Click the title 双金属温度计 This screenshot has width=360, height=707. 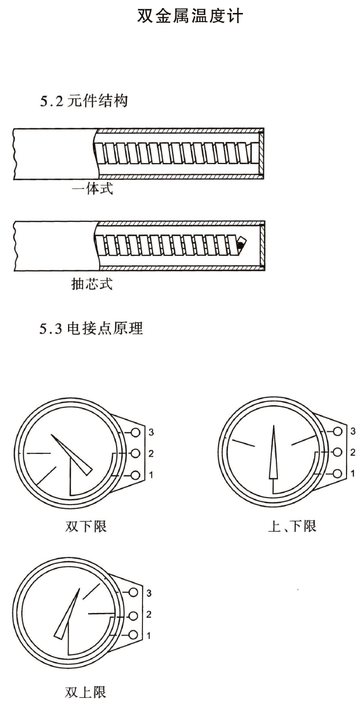(x=190, y=16)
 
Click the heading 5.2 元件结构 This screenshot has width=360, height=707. (x=84, y=101)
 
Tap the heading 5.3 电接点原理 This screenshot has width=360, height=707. (x=91, y=328)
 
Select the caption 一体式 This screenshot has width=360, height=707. (x=92, y=189)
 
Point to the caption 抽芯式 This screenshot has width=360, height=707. (x=92, y=283)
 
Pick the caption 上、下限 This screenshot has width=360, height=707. (x=292, y=526)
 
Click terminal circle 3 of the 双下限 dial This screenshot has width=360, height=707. (x=135, y=432)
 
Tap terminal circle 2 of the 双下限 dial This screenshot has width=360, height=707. (x=135, y=453)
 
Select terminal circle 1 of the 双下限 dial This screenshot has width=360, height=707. (x=135, y=475)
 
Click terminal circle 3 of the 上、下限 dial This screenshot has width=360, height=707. (x=337, y=431)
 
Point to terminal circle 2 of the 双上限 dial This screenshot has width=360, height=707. (x=133, y=615)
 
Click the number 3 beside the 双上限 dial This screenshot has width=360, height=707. (x=149, y=593)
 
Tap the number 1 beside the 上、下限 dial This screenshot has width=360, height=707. (x=353, y=473)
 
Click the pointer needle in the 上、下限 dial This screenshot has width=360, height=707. (x=273, y=452)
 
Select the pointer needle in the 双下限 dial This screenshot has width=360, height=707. (x=72, y=455)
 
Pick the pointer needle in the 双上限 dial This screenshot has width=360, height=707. (x=67, y=614)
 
